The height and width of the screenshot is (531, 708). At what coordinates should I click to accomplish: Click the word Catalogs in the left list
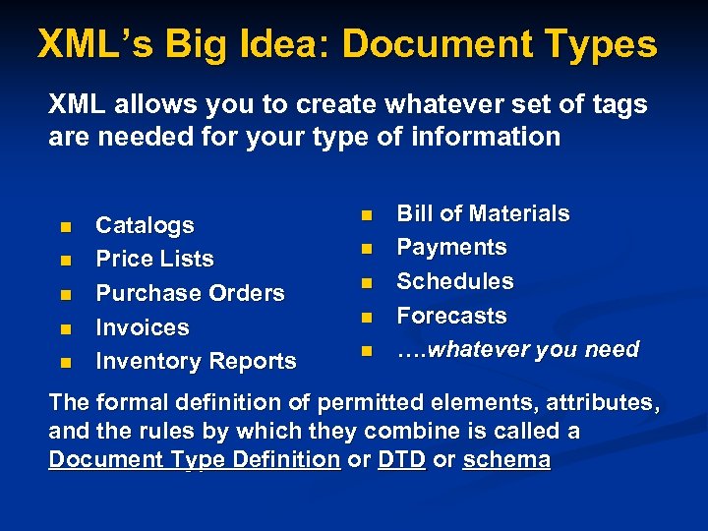(x=145, y=226)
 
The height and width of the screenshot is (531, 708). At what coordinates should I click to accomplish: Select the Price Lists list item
(x=154, y=260)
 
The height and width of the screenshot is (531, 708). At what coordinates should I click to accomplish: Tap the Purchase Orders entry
(x=190, y=293)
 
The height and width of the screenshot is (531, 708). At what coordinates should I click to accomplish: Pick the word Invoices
(x=142, y=327)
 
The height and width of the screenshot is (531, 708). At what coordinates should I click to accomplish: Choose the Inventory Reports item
(x=196, y=362)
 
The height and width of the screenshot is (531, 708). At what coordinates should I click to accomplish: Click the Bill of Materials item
(x=483, y=214)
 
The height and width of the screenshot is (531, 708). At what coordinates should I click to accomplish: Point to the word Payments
(x=451, y=248)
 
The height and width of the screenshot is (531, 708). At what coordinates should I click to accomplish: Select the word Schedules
(x=454, y=282)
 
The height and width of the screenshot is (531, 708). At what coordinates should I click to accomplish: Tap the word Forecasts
(x=451, y=317)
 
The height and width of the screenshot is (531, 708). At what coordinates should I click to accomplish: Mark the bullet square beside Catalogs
(x=65, y=227)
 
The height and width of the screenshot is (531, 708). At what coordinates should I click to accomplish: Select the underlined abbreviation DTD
(x=400, y=460)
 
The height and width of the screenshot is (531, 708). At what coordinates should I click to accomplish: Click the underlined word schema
(x=507, y=460)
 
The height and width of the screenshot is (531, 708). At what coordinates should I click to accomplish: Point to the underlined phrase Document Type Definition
(x=194, y=460)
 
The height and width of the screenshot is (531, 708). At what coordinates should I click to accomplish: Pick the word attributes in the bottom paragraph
(x=594, y=403)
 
